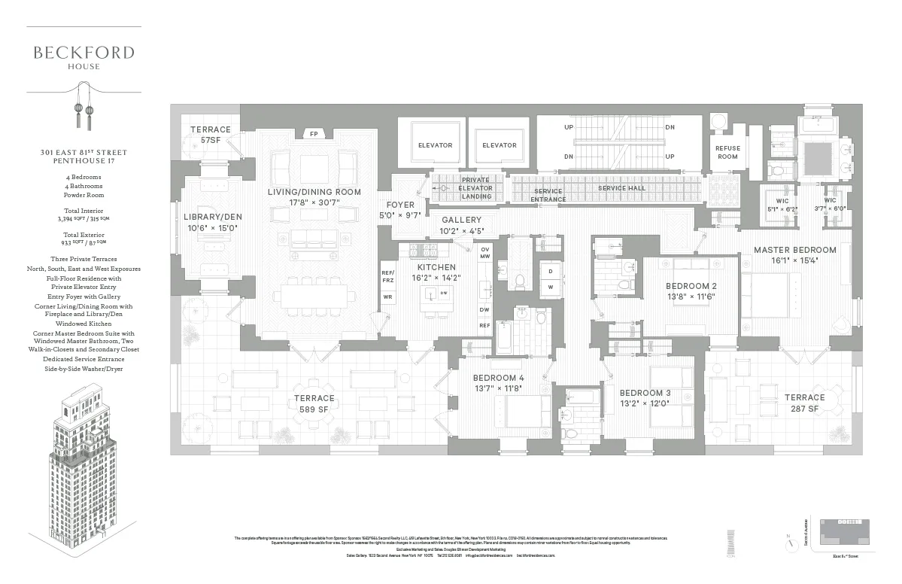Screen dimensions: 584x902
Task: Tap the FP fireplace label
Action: point(314,134)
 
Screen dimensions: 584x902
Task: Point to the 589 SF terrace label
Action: point(314,403)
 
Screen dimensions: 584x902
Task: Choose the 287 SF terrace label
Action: point(804,402)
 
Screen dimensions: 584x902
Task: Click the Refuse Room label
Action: point(727,152)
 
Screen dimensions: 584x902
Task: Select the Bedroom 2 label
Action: point(691,286)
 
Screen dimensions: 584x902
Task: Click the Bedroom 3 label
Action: point(645,393)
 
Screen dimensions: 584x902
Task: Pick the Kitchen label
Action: point(436,267)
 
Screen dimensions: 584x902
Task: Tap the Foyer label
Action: point(400,205)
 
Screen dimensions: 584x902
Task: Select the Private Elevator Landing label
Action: point(476,188)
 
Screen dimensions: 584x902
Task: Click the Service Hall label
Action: point(621,187)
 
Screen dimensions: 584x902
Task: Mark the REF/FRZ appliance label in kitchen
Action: point(388,276)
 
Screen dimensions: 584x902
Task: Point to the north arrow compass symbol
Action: point(788,541)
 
